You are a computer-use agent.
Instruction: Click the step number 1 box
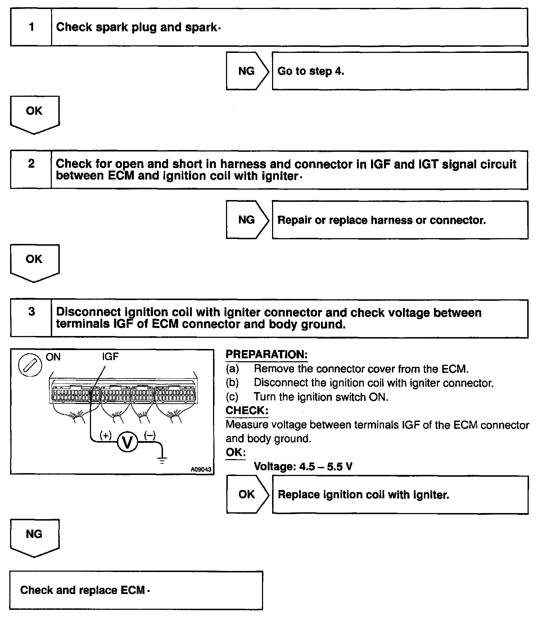[x=31, y=27]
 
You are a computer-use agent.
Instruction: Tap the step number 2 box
[x=31, y=169]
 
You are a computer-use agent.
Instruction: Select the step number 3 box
[x=31, y=318]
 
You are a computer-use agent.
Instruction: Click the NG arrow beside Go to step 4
[x=247, y=71]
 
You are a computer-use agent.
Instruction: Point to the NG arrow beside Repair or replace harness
[x=247, y=219]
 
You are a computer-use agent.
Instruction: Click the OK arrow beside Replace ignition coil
[x=247, y=494]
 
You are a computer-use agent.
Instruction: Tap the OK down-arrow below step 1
[x=35, y=113]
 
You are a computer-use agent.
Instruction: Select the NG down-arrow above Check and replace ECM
[x=35, y=537]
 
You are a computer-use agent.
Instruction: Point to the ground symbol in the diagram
[x=162, y=459]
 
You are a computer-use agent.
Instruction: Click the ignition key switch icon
[x=30, y=366]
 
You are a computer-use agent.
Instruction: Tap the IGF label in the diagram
[x=110, y=357]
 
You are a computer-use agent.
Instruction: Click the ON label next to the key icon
[x=53, y=357]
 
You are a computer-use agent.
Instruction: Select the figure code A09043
[x=201, y=469]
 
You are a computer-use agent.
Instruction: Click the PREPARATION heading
[x=266, y=354]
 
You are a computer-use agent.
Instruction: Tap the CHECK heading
[x=247, y=410]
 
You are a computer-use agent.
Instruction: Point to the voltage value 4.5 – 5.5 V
[x=303, y=466]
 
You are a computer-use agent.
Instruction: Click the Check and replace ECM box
[x=136, y=590]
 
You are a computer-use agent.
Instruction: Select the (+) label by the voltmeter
[x=105, y=435]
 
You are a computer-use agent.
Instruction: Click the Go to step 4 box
[x=400, y=71]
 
